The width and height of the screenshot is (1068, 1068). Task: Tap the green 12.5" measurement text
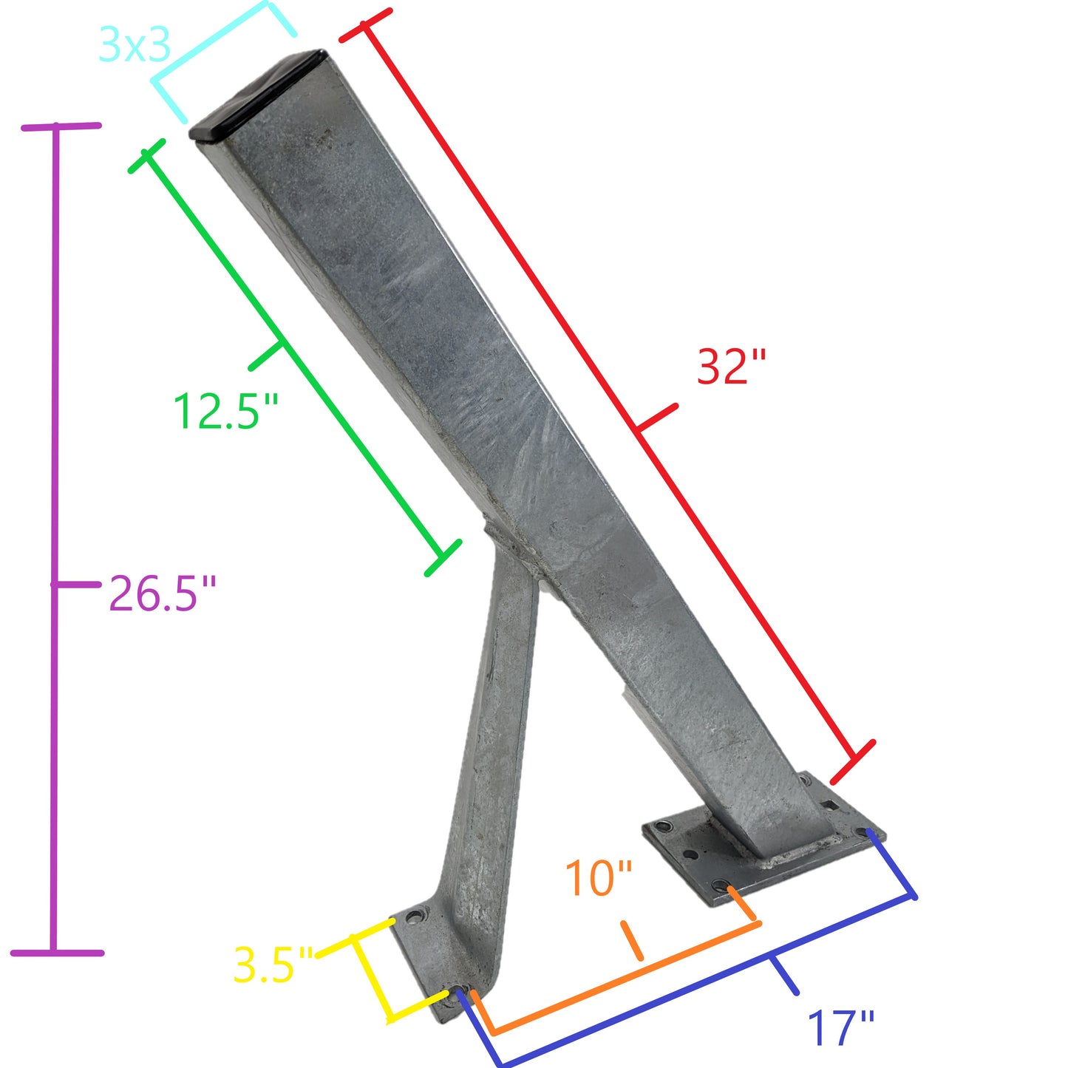click(225, 411)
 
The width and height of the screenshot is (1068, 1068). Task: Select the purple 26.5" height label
click(163, 593)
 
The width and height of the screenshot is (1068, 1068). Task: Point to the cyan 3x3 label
click(135, 46)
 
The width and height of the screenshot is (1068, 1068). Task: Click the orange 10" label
click(599, 878)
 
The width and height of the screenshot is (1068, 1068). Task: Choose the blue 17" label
click(840, 1028)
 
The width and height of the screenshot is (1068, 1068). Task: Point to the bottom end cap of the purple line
click(57, 953)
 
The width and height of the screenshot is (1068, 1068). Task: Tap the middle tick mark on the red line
click(656, 418)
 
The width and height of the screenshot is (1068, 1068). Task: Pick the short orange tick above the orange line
click(632, 941)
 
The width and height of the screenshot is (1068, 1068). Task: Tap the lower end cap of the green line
click(443, 558)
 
